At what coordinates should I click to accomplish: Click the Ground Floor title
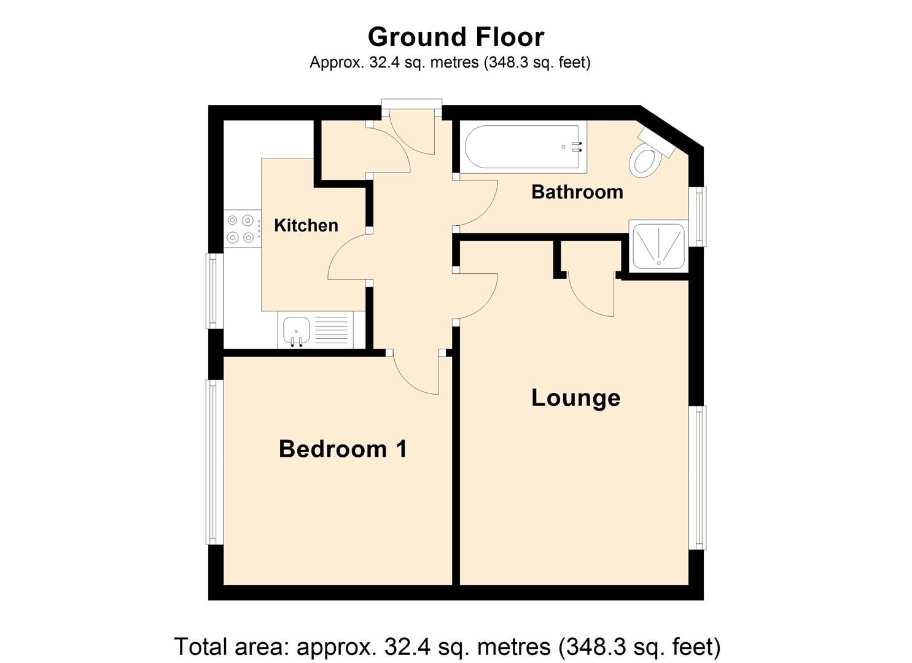click(x=456, y=37)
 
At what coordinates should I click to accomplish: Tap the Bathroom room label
click(x=577, y=192)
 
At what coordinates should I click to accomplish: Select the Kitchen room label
click(x=306, y=225)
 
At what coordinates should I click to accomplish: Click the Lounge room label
click(x=575, y=398)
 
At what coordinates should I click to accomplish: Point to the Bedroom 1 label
click(x=343, y=449)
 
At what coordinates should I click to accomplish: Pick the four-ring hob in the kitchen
click(x=240, y=228)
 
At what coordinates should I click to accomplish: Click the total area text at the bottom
click(x=447, y=646)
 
